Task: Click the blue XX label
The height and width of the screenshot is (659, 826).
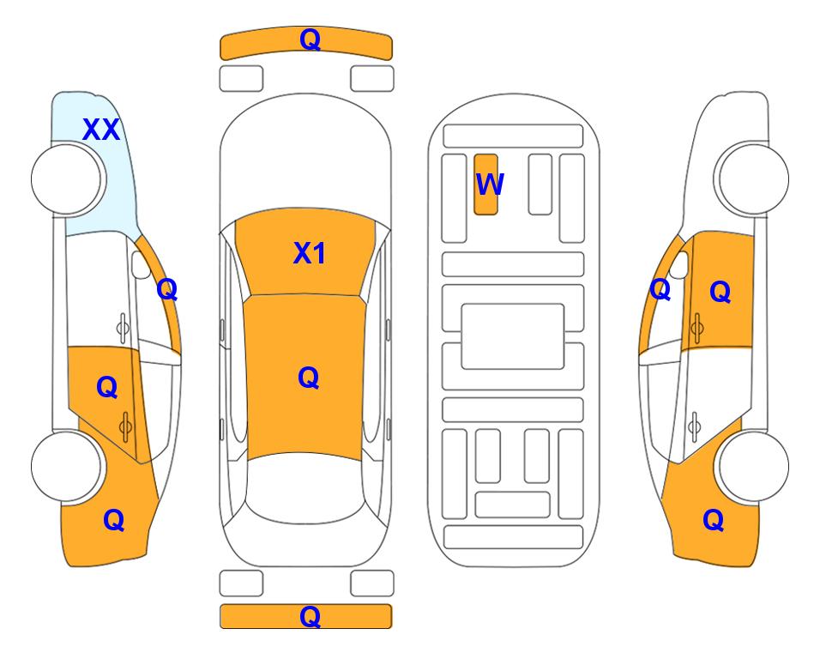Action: [x=101, y=130]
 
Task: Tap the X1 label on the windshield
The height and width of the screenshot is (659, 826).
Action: [x=310, y=253]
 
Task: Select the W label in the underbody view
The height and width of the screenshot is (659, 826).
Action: [x=490, y=184]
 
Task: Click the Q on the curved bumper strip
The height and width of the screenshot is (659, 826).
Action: [x=310, y=39]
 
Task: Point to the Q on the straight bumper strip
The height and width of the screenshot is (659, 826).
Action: [x=310, y=616]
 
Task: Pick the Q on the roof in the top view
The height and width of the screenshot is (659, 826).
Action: [x=309, y=378]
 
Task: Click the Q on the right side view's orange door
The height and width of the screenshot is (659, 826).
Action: [x=720, y=292]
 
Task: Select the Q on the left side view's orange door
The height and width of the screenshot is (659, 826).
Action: [x=107, y=387]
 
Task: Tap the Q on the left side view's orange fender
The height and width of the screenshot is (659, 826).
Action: [x=114, y=520]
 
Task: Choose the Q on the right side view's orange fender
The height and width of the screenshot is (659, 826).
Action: [x=714, y=520]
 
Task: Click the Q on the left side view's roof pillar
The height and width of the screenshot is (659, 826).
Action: [x=167, y=289]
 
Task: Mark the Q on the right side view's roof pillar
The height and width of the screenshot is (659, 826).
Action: [x=660, y=289]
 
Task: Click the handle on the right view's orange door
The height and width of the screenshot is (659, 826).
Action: [x=696, y=328]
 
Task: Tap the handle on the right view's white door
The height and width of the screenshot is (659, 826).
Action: [x=694, y=426]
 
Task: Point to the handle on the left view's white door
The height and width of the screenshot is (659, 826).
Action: [x=123, y=328]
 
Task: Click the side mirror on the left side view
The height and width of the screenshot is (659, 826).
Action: [x=141, y=265]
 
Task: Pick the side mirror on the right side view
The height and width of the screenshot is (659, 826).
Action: [x=679, y=265]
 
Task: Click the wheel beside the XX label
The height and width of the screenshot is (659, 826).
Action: [x=67, y=179]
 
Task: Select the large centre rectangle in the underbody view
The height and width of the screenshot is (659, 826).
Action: [x=513, y=336]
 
